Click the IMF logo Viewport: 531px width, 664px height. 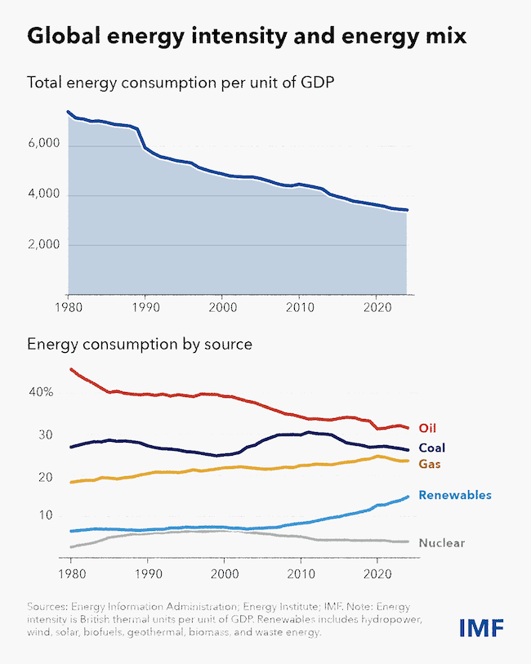[x=481, y=627]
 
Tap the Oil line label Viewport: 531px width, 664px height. [x=427, y=428]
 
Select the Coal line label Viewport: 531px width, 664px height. [x=432, y=448]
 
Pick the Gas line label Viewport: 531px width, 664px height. [x=430, y=464]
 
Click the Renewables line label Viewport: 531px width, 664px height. [x=455, y=495]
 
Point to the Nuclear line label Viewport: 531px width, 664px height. [x=442, y=543]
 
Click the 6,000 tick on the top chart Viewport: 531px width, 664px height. [x=44, y=144]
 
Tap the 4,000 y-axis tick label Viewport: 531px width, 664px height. [x=44, y=194]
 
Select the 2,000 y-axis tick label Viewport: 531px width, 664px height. [x=44, y=244]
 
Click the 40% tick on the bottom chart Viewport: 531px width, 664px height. [x=41, y=392]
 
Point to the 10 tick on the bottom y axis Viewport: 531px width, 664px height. [x=46, y=515]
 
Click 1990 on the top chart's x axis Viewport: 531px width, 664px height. [x=145, y=307]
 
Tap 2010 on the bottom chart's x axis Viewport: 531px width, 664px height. [x=301, y=574]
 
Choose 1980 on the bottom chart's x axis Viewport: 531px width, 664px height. [x=72, y=574]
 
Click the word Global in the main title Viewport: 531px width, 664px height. [x=64, y=36]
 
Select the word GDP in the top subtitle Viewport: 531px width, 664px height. [x=317, y=82]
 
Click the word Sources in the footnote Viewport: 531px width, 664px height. [x=47, y=606]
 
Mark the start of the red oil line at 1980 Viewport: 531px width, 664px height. [x=71, y=369]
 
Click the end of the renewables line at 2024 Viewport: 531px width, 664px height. [x=408, y=497]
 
